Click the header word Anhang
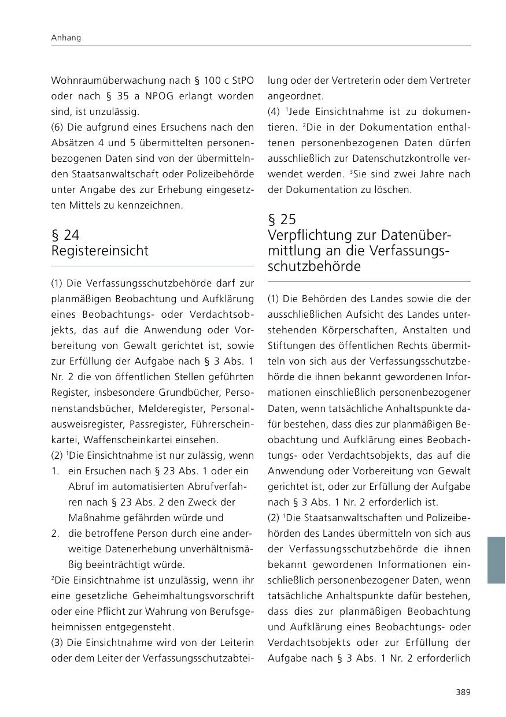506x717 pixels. pyautogui.click(x=66, y=38)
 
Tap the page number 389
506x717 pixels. pyautogui.click(x=463, y=692)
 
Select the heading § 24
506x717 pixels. pyautogui.click(x=65, y=235)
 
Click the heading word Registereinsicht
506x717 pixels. pyautogui.click(x=100, y=251)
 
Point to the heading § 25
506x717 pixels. pyautogui.click(x=282, y=220)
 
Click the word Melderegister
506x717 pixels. pyautogui.click(x=168, y=408)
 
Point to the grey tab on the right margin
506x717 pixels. pyautogui.click(x=496, y=560)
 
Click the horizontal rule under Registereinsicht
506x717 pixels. pyautogui.click(x=153, y=266)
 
